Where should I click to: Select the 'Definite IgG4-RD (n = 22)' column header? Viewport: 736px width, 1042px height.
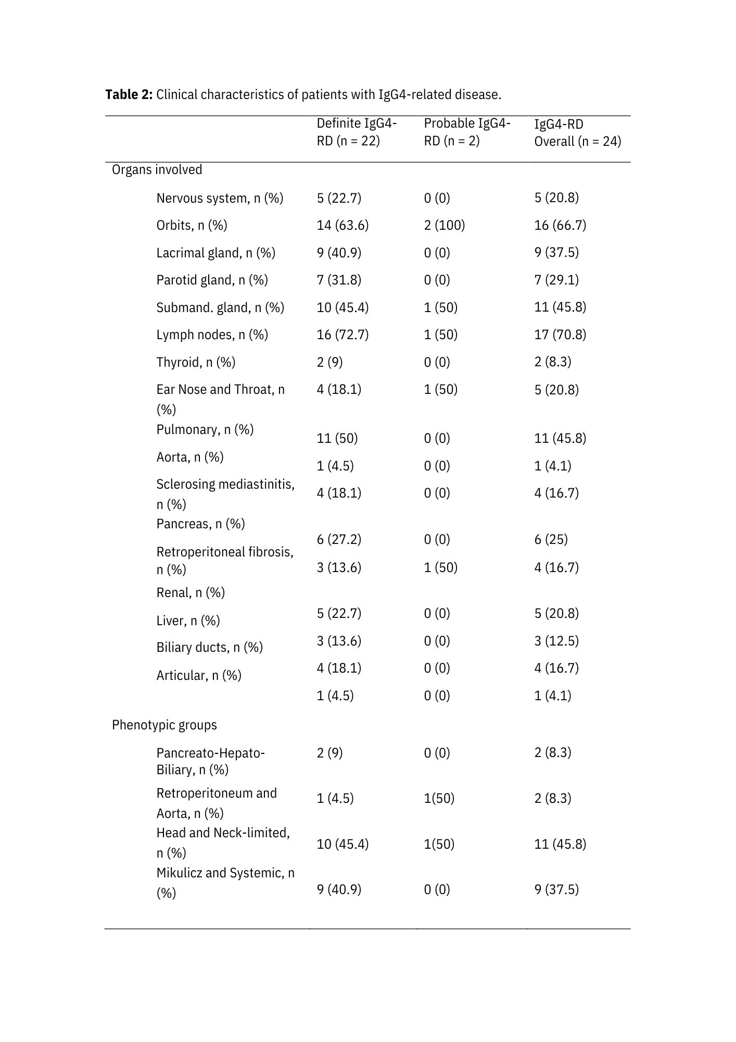tap(356, 132)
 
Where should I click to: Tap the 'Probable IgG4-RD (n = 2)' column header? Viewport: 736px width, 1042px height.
tap(466, 132)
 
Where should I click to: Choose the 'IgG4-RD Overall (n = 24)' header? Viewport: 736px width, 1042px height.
tap(577, 132)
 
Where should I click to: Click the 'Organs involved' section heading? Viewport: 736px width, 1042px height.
tap(157, 170)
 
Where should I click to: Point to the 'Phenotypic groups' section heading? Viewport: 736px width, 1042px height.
tap(164, 725)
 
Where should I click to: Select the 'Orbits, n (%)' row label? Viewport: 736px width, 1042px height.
tap(192, 225)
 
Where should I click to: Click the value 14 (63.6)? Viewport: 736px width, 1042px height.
tap(342, 225)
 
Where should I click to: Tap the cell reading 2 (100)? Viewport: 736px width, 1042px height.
tap(444, 225)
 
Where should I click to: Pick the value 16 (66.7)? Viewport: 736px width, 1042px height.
tap(560, 225)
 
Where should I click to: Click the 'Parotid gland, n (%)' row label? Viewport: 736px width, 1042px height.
tap(212, 280)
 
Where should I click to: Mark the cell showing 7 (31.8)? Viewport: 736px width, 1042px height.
tap(339, 280)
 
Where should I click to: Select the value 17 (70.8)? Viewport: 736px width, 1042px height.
tap(560, 334)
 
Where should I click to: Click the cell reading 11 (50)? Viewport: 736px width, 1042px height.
tap(337, 438)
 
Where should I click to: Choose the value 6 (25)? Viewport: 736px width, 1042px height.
tap(551, 539)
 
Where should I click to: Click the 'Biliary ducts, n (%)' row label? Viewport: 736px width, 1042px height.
tap(209, 647)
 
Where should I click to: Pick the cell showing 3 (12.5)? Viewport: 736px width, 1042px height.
tap(556, 641)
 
